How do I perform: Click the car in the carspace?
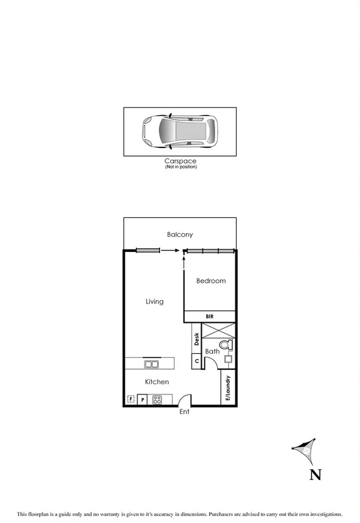pyautogui.click(x=180, y=131)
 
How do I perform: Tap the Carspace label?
pyautogui.click(x=180, y=161)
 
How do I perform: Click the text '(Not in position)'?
pyautogui.click(x=180, y=167)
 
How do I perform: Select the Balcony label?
pyautogui.click(x=180, y=235)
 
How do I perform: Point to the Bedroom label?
pyautogui.click(x=210, y=281)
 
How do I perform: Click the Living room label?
pyautogui.click(x=154, y=301)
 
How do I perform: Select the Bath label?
pyautogui.click(x=212, y=351)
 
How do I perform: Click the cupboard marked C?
pyautogui.click(x=197, y=362)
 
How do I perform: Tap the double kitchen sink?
pyautogui.click(x=152, y=363)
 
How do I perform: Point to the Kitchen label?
pyautogui.click(x=157, y=382)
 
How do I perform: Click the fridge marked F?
pyautogui.click(x=131, y=400)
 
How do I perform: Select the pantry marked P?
pyautogui.click(x=143, y=400)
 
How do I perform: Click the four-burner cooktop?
pyautogui.click(x=157, y=400)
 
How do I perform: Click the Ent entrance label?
pyautogui.click(x=184, y=412)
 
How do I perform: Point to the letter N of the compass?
pyautogui.click(x=314, y=475)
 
